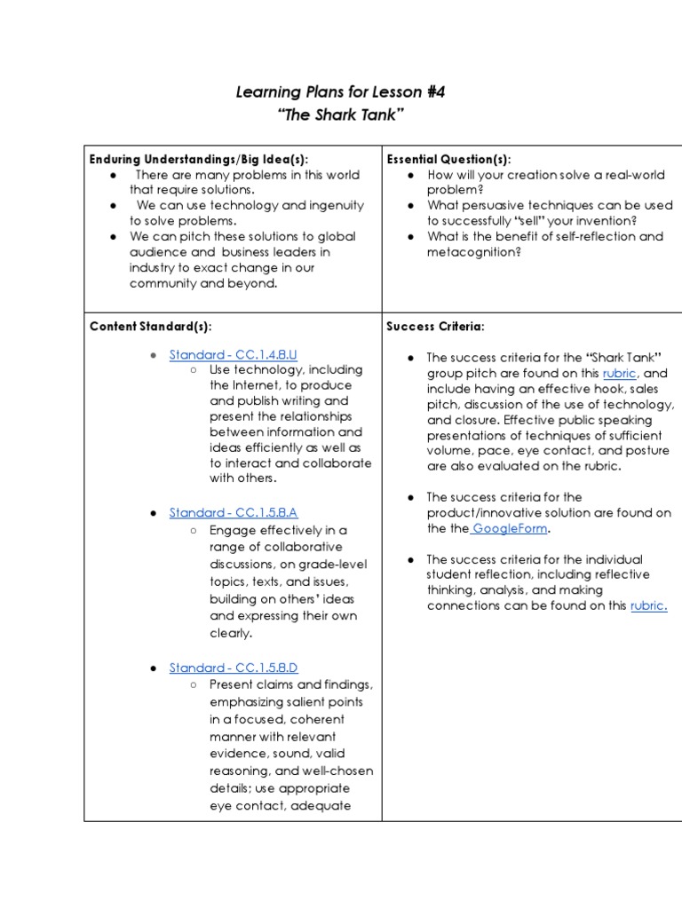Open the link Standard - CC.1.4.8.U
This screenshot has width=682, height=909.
(x=233, y=354)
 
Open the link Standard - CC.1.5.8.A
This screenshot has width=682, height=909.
(x=233, y=513)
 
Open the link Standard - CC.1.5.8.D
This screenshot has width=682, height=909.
(x=233, y=668)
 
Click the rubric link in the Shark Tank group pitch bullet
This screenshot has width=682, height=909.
(x=619, y=374)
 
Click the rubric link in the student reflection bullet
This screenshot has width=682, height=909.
(x=648, y=606)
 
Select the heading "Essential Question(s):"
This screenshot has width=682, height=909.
(x=448, y=159)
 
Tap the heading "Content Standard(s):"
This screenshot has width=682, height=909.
(x=150, y=326)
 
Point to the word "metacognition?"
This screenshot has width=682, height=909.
(x=473, y=252)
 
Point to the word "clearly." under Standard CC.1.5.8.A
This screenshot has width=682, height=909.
(x=231, y=634)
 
